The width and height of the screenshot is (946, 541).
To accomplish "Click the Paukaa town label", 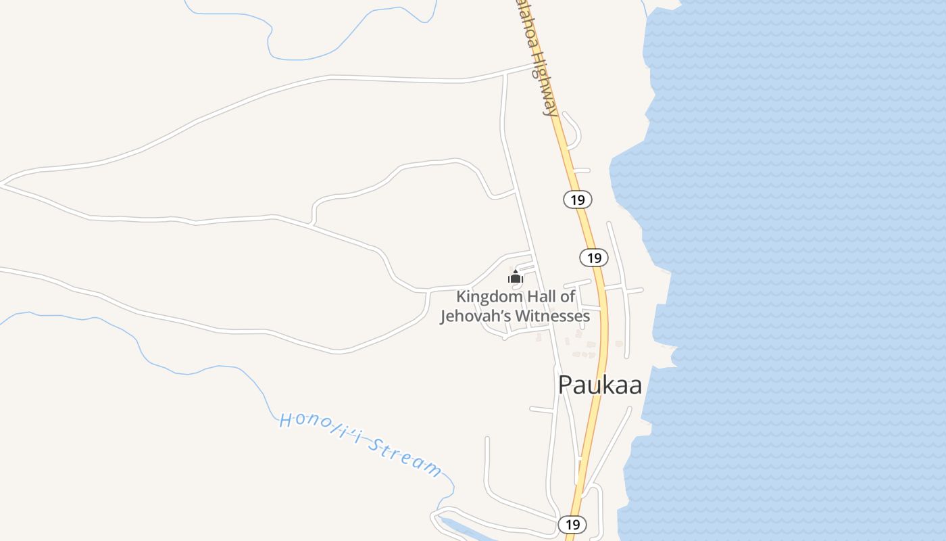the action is coord(599,385).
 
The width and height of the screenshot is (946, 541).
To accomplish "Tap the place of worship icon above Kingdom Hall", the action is coord(515,277).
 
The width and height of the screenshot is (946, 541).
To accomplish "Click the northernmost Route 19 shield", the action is coord(577,199).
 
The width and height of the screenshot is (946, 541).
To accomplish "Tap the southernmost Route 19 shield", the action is coord(572,524).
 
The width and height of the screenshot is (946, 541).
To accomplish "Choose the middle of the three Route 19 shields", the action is coord(594,258).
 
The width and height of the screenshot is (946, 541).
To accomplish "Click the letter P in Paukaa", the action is coord(566,385).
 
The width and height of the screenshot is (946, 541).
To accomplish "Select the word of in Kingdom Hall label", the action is coord(568,296).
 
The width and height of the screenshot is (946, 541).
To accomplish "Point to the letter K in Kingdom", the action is coord(462,296).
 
